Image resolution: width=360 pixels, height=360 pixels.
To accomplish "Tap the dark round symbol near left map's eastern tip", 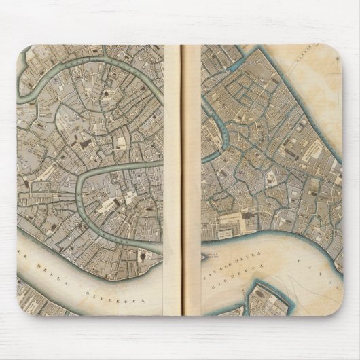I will tap(145, 253).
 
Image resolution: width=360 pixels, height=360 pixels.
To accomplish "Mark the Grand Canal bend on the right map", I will tap(217, 122).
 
